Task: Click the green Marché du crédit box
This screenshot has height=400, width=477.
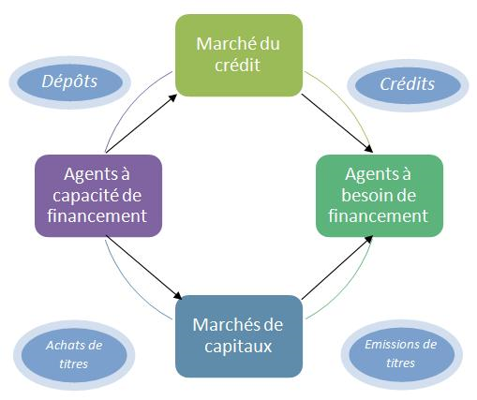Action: (239, 55)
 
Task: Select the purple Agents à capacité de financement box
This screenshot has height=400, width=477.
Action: (98, 196)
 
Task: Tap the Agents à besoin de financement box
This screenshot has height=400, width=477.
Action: (380, 196)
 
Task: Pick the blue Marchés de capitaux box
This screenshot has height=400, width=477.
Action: (239, 336)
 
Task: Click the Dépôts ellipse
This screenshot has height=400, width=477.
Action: (69, 82)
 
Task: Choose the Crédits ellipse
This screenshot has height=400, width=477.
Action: (408, 85)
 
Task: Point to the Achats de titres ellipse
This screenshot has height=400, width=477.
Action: (74, 355)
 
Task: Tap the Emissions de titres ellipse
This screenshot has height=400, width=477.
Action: (401, 354)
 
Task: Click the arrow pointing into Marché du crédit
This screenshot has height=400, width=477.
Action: (142, 124)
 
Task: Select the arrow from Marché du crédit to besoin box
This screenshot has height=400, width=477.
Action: (337, 124)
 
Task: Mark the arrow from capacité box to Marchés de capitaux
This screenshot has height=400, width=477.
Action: (144, 267)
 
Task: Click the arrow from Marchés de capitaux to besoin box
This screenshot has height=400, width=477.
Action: (337, 268)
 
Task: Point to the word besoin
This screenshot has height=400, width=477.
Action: (364, 196)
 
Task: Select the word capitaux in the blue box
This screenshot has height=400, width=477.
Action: (238, 347)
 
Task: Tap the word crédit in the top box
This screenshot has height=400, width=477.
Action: (237, 66)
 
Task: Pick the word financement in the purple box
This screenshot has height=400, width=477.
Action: (97, 215)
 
